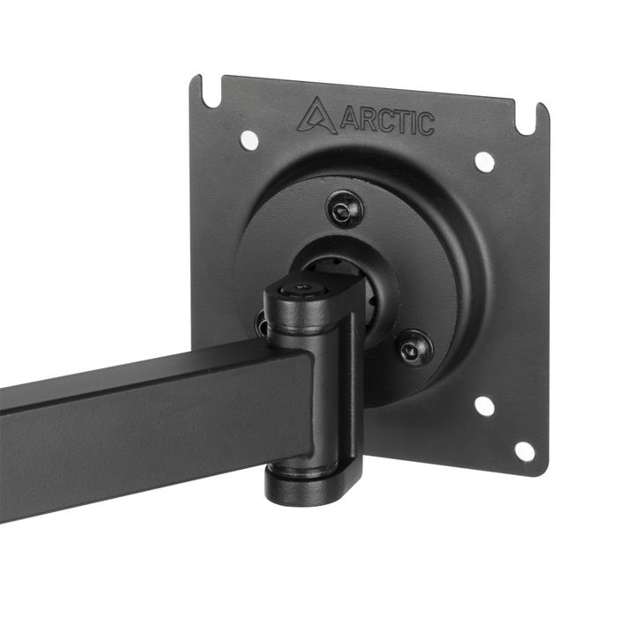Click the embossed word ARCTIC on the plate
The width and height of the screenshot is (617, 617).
pyautogui.click(x=386, y=121)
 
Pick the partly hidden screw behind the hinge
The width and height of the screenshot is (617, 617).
pyautogui.click(x=262, y=322)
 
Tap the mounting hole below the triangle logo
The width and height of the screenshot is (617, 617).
pyautogui.click(x=249, y=138)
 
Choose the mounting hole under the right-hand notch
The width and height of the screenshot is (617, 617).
pyautogui.click(x=484, y=161)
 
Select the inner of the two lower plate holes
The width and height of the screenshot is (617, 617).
pyautogui.click(x=483, y=405)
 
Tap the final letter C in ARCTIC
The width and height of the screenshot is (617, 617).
pyautogui.click(x=424, y=124)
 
